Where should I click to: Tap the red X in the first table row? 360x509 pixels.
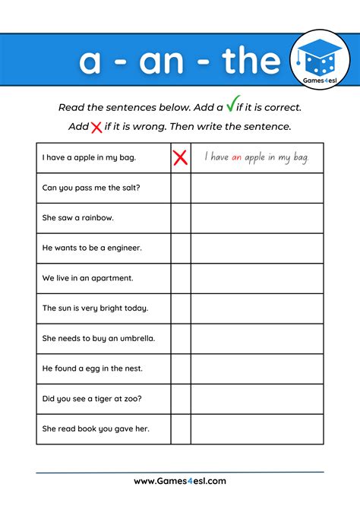point(180,157)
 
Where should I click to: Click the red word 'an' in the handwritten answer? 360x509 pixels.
point(235,157)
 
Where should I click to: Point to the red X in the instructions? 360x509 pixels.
point(96,127)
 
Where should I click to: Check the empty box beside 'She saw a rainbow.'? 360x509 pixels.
point(180,218)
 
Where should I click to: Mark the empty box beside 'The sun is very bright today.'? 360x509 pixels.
point(180,308)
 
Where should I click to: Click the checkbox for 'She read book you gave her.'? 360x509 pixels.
point(180,428)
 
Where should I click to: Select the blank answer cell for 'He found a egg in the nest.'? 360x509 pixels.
point(257,368)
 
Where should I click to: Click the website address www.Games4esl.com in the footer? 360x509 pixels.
point(180,481)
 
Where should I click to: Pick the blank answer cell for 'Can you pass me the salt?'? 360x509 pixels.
point(257,188)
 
